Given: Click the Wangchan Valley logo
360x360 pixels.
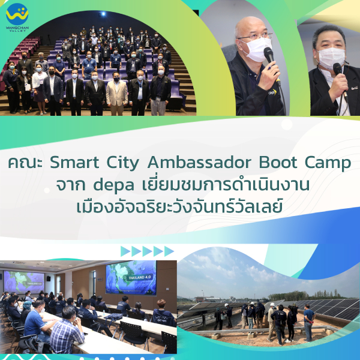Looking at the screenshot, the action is point(17,17).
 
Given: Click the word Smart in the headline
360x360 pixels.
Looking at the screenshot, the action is point(74,163).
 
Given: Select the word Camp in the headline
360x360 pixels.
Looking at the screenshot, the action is point(328,163).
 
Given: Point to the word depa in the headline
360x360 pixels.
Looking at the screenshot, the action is point(113,185).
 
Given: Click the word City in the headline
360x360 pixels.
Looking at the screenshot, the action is point(123,163).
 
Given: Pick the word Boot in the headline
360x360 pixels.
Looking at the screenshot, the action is point(278,163).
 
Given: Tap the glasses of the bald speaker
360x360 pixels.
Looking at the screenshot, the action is point(256,37).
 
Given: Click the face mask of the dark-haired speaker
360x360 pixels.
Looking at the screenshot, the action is point(332,58).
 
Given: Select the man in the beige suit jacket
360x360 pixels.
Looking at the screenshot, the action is point(117,94).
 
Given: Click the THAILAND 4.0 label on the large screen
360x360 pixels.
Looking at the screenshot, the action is point(140,278).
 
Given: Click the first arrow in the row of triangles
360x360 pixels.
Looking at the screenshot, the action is point(125,251).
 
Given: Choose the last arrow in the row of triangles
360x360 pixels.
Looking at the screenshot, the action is point(169,251).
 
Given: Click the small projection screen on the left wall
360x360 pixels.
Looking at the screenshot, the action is point(24,282).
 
